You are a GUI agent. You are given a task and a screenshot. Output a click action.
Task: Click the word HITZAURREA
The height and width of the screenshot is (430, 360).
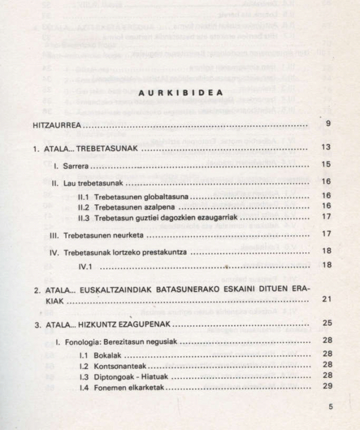57,127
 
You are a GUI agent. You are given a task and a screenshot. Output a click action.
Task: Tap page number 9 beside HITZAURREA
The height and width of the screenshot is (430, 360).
328,124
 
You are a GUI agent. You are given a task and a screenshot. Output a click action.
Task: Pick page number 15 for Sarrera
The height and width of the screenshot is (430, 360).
326,164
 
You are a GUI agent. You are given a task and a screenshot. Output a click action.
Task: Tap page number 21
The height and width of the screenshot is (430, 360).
326,299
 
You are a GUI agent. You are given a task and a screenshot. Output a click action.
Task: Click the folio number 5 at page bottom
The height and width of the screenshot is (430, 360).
330,407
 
